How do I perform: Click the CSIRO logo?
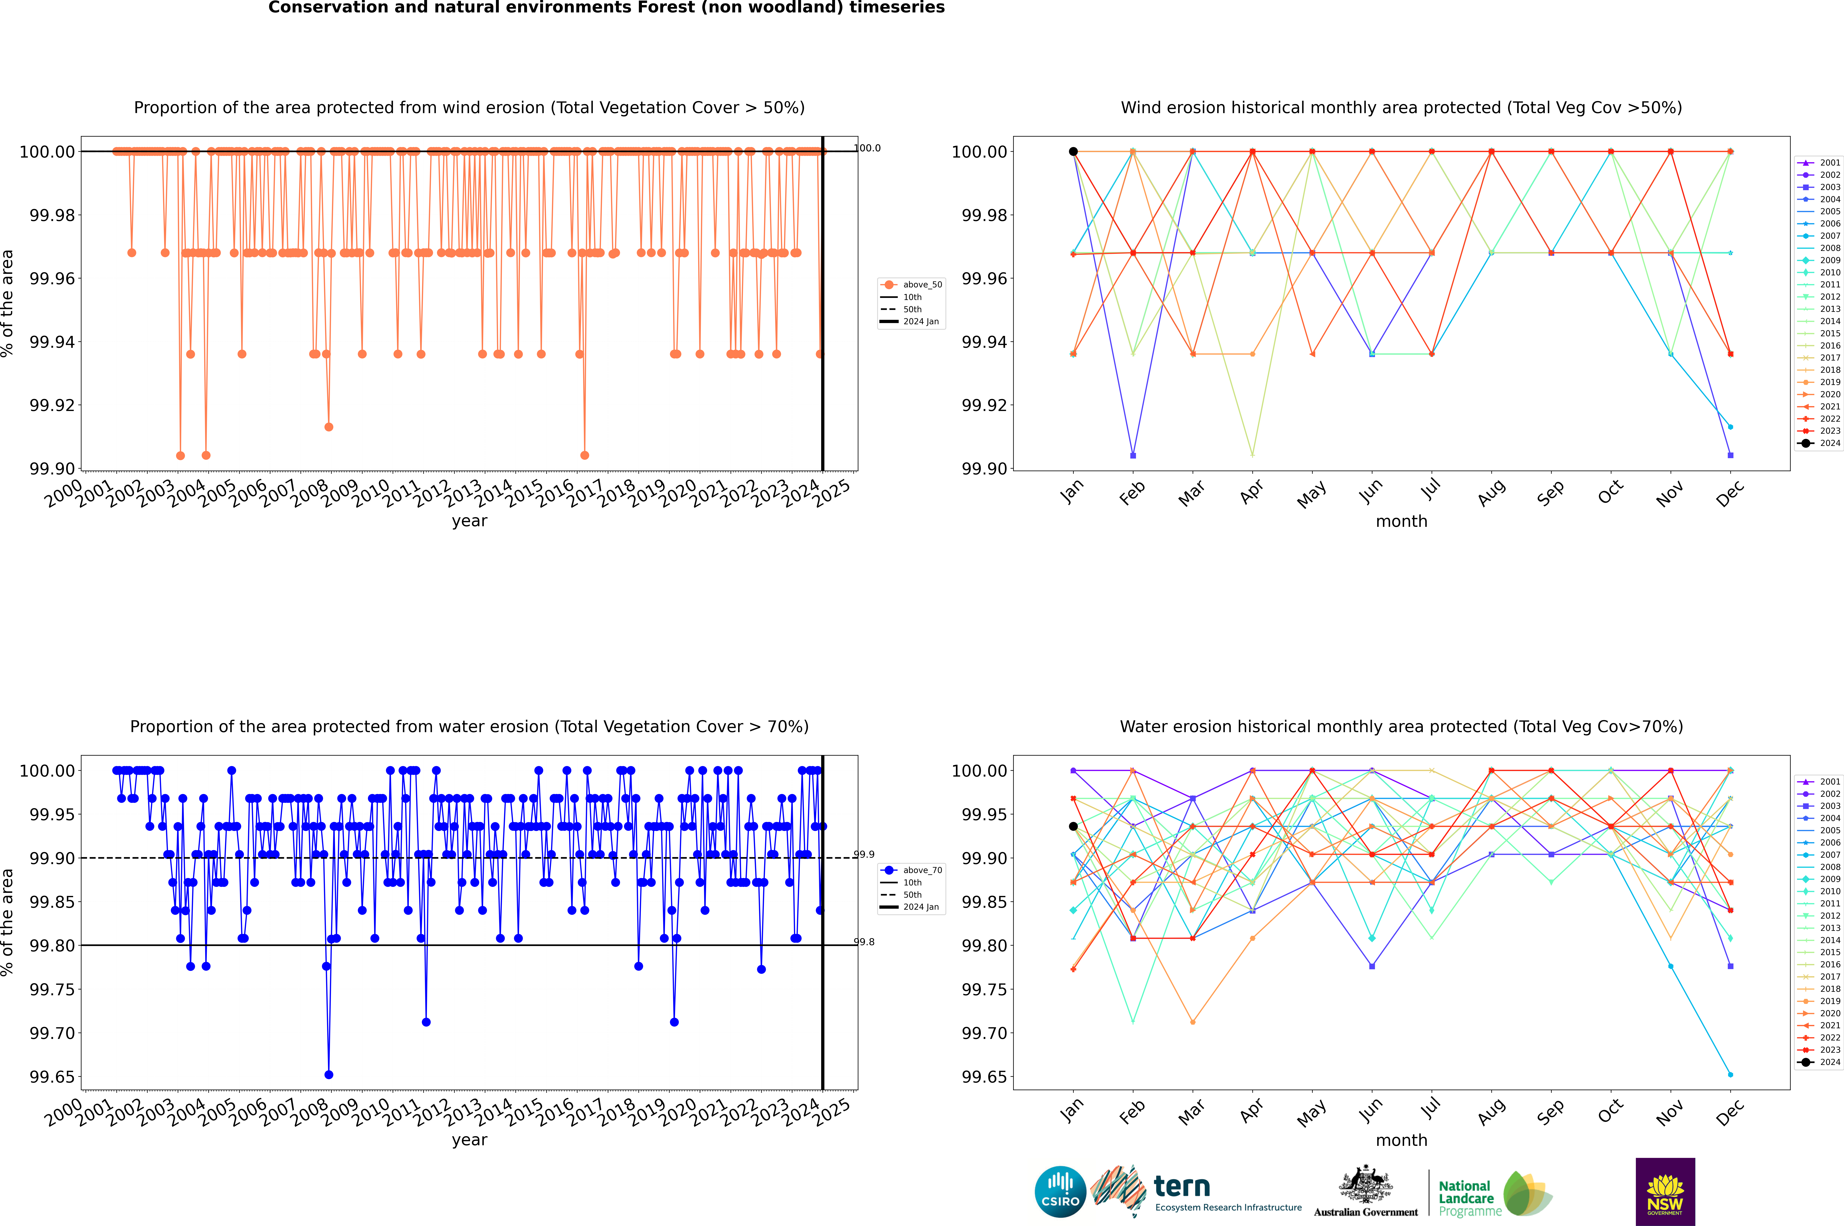[1060, 1192]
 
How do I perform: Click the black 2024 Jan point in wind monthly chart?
[1073, 152]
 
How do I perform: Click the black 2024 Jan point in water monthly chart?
[1073, 826]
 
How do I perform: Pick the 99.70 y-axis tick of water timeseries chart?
[52, 1033]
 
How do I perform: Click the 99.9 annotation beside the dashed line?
[864, 855]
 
